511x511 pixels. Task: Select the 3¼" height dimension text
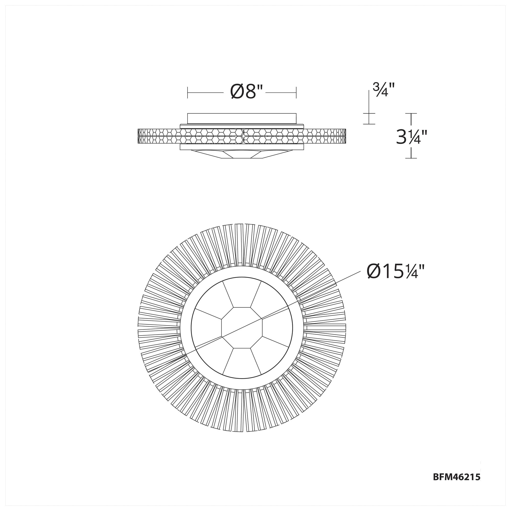[x=411, y=137]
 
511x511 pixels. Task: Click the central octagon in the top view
[x=242, y=328]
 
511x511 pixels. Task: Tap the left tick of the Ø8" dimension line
[x=188, y=92]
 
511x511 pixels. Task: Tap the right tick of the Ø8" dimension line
[x=296, y=92]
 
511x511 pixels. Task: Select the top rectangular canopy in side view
[x=242, y=119]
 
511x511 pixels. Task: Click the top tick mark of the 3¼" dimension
[x=411, y=113]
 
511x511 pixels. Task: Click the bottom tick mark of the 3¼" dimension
[x=411, y=158]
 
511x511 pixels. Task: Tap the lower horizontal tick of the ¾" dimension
[x=369, y=124]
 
